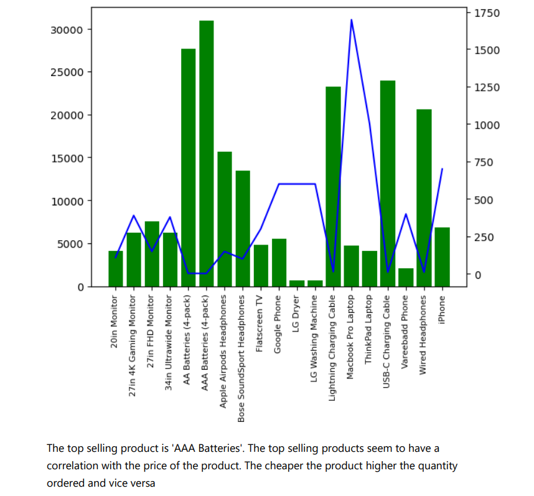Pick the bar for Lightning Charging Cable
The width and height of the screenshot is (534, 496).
pyautogui.click(x=334, y=187)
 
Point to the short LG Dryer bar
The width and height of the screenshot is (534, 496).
pyautogui.click(x=297, y=283)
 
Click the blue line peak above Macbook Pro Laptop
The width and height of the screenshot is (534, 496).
pyautogui.click(x=352, y=20)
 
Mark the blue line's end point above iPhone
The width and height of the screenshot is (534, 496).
pyautogui.click(x=442, y=169)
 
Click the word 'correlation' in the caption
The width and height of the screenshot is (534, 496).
pyautogui.click(x=74, y=466)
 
